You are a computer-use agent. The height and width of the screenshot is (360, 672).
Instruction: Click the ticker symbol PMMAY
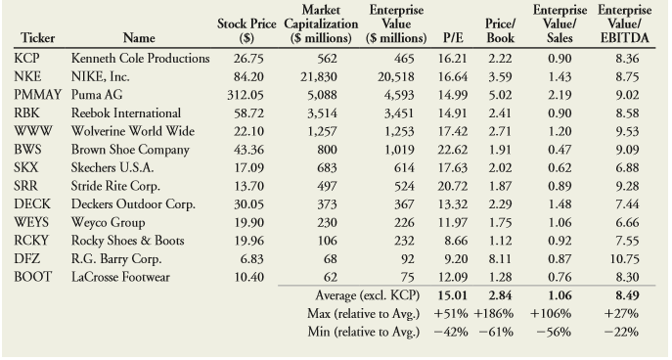[x=35, y=96]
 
